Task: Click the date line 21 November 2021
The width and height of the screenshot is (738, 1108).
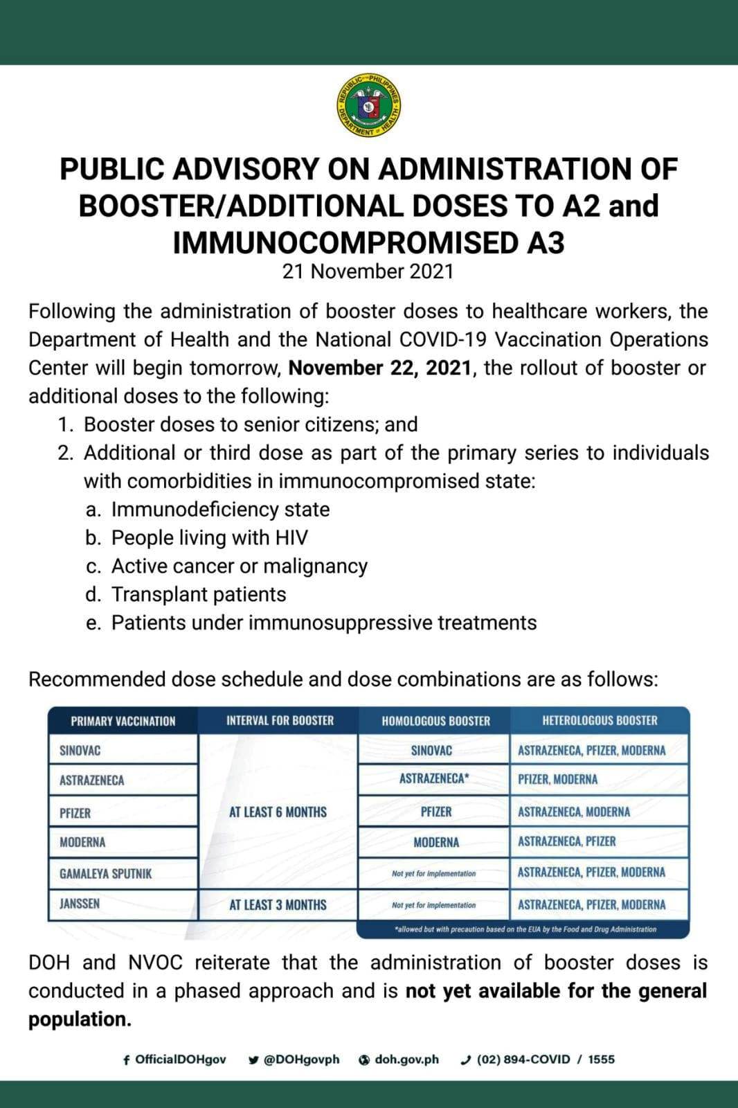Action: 368,271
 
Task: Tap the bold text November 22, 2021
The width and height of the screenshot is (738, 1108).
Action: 380,368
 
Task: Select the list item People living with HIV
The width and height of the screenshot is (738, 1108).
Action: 210,538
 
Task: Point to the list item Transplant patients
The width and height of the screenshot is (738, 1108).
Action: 199,595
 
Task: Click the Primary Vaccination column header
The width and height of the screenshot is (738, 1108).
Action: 123,721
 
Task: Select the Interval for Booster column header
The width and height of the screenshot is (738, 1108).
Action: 280,721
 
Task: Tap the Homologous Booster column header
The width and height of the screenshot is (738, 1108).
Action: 435,721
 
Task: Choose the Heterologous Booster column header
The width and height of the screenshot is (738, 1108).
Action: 600,721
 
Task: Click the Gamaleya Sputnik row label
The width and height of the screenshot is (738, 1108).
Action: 105,874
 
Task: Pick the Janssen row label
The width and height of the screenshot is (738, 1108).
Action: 80,904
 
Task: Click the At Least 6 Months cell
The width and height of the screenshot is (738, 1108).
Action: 278,812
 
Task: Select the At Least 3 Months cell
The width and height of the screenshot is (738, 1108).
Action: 278,905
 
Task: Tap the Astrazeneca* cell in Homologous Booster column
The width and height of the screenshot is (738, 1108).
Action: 434,779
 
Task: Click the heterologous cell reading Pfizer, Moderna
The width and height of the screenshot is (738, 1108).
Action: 557,780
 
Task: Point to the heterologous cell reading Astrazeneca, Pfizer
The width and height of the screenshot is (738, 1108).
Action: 566,842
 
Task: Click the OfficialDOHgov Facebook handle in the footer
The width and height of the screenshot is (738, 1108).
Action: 174,1060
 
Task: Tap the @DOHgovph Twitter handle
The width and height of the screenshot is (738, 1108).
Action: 295,1060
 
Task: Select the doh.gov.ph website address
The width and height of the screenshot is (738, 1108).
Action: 399,1060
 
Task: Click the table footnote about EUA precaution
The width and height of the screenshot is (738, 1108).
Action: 524,929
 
